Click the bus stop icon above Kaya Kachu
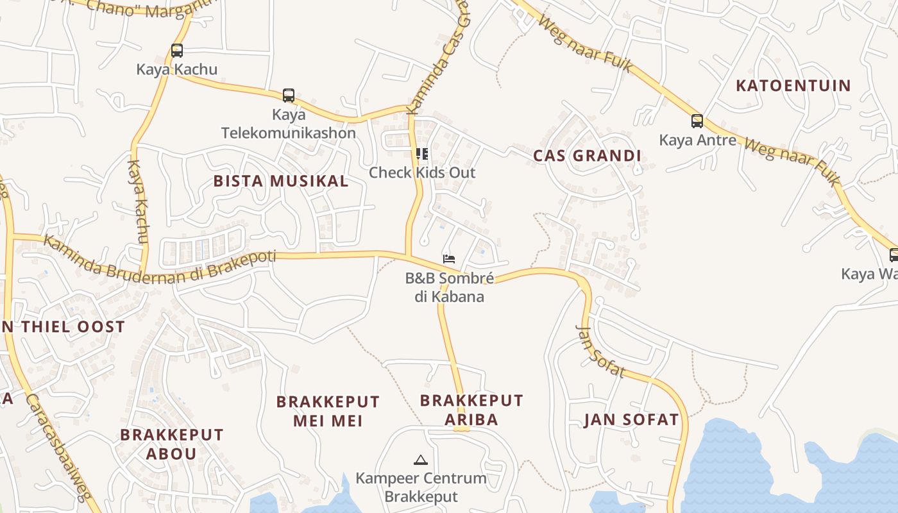click(x=177, y=51)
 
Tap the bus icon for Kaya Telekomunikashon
click(x=289, y=96)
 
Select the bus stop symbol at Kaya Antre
click(x=697, y=121)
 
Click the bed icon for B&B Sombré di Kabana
click(x=449, y=258)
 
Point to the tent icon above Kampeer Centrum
click(x=420, y=459)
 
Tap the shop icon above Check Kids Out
click(x=421, y=153)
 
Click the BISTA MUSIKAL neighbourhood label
click(x=281, y=181)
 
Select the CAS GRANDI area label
click(x=587, y=156)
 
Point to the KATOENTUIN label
click(x=793, y=85)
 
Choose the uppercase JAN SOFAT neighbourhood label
click(x=631, y=420)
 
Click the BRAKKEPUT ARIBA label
click(x=471, y=410)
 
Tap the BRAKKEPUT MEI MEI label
click(x=328, y=411)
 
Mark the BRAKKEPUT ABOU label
click(x=171, y=444)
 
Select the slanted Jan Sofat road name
click(x=600, y=351)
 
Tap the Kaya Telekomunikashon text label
click(x=288, y=124)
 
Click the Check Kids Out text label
click(x=422, y=172)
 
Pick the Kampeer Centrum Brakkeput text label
click(x=421, y=487)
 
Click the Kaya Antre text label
click(x=697, y=140)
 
